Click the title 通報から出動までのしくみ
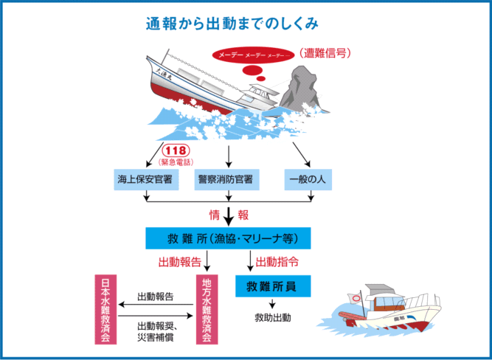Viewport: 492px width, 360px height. [232, 24]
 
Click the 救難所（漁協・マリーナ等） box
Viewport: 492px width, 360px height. [228, 238]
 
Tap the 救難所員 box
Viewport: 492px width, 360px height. [271, 286]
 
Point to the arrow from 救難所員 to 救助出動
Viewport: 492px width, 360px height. [271, 303]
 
